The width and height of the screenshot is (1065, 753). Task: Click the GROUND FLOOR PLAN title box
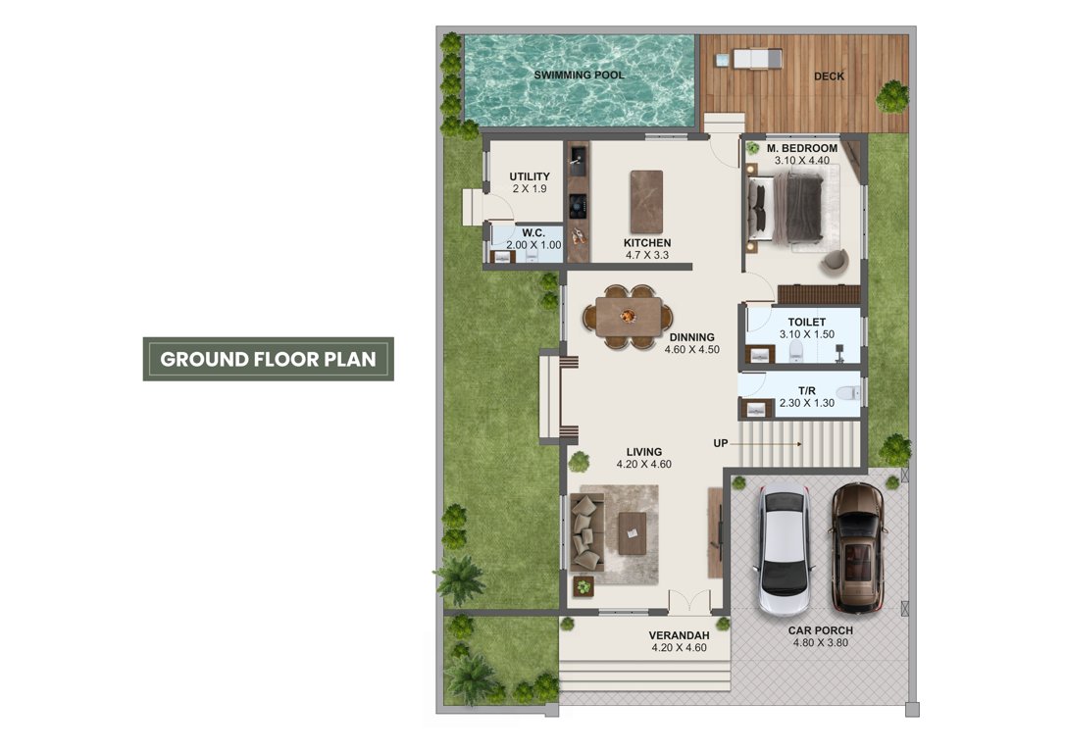268,359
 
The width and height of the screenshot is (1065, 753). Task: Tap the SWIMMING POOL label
579,75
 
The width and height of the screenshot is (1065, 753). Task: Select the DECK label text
829,76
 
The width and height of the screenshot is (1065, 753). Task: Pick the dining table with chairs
629,317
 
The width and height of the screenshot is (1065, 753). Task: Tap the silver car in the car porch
784,550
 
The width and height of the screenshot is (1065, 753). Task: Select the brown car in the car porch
857,546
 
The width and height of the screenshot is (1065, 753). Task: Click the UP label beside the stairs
721,444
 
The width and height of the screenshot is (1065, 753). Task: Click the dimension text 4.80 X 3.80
820,644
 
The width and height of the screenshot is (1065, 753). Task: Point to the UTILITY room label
530,176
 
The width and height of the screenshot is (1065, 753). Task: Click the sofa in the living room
587,532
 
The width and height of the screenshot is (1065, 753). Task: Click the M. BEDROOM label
801,148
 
